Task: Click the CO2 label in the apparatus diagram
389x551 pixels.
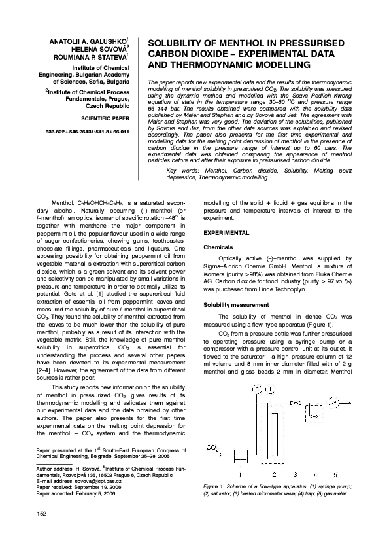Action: click(x=212, y=448)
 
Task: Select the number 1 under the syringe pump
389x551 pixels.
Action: click(x=240, y=474)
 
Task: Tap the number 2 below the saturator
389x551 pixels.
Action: click(x=274, y=474)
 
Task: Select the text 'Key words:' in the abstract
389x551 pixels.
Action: click(x=182, y=170)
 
